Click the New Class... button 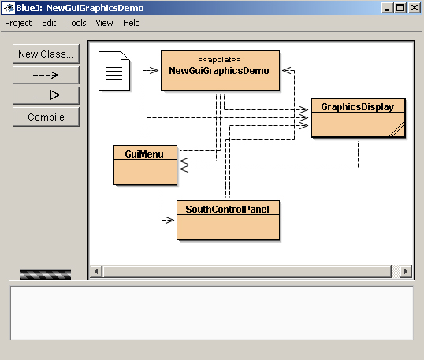tap(46, 54)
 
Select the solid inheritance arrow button tap(46, 95)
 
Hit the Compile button tap(46, 117)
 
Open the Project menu tap(18, 23)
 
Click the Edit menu tap(49, 23)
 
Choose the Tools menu tap(76, 23)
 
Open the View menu tap(104, 23)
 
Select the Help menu tap(132, 23)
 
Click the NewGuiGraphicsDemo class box tap(220, 71)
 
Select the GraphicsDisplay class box tap(358, 118)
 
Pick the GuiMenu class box tap(146, 165)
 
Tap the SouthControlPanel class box tap(228, 221)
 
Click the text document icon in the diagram tap(114, 71)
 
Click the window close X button tap(415, 8)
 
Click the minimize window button tap(387, 8)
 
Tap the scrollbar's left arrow tap(96, 271)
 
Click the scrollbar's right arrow tap(406, 271)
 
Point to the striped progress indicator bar tap(46, 275)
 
